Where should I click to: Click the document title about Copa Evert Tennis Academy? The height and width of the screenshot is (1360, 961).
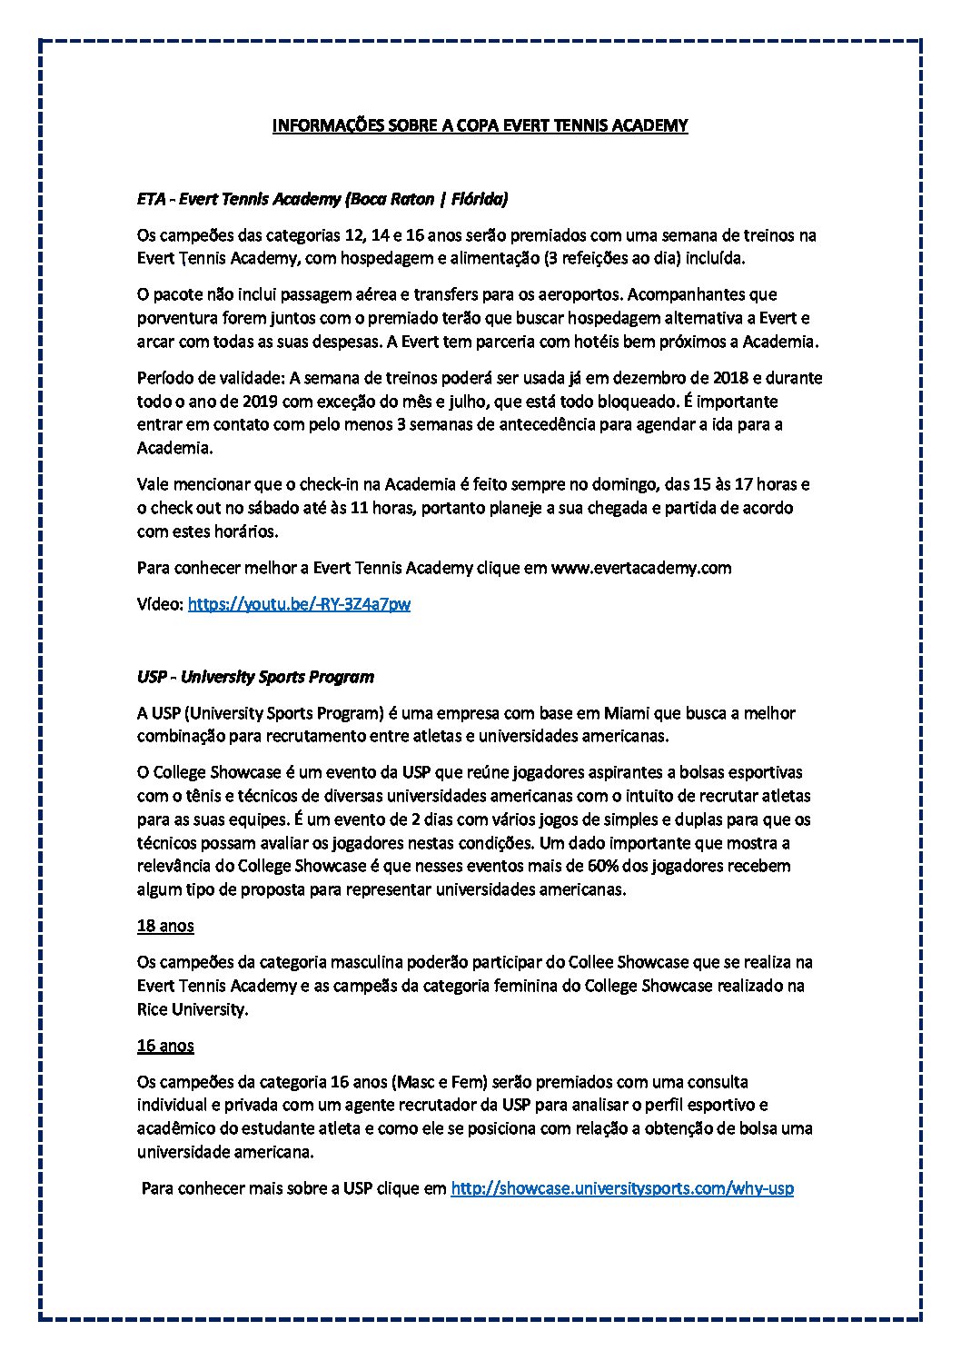480,125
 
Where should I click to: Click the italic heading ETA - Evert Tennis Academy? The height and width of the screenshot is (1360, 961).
322,198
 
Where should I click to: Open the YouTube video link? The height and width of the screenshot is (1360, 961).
299,603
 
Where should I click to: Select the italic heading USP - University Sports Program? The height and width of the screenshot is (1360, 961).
255,677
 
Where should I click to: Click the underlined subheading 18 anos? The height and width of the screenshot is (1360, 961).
165,926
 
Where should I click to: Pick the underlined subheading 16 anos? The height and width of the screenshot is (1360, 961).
165,1045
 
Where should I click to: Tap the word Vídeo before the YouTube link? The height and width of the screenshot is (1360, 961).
159,603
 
